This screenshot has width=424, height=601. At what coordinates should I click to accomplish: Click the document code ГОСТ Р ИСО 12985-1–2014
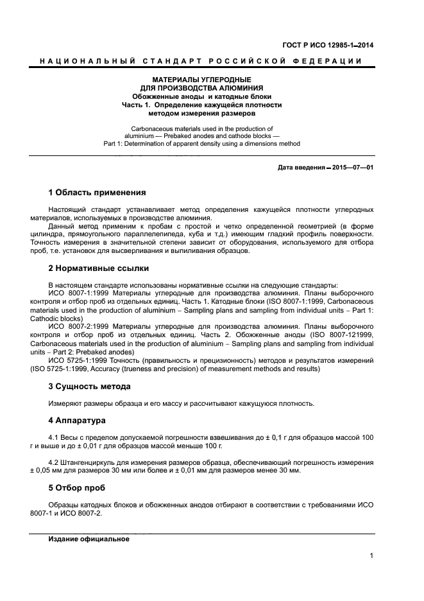pyautogui.click(x=328, y=45)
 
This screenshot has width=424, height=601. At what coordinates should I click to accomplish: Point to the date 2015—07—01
pyautogui.click(x=352, y=168)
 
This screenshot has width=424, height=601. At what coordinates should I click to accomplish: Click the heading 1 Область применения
pyautogui.click(x=97, y=193)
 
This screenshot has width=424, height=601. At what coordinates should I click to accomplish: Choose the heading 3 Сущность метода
pyautogui.click(x=89, y=387)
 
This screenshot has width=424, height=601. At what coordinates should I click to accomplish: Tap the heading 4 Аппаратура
pyautogui.click(x=77, y=421)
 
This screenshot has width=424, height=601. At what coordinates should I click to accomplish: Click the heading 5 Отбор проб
pyautogui.click(x=77, y=488)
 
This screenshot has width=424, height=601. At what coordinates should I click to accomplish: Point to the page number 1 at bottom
pyautogui.click(x=371, y=556)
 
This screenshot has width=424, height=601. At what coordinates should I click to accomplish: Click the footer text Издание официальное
pyautogui.click(x=89, y=539)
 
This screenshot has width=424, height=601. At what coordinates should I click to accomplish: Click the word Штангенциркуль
pyautogui.click(x=92, y=462)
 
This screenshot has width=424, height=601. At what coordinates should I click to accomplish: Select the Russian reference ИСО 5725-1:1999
pyautogui.click(x=79, y=360)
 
